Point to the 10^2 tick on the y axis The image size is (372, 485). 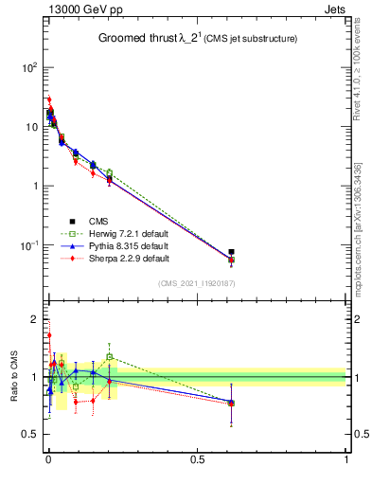tap(29, 68)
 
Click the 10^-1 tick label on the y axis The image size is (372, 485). tap(28, 245)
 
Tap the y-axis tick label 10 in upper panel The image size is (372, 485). tap(30, 127)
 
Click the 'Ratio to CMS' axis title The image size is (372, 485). tap(13, 376)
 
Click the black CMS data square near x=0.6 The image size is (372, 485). tap(231, 252)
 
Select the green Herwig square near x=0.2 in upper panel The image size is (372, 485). tap(109, 172)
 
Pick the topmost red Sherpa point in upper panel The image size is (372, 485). tap(49, 99)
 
